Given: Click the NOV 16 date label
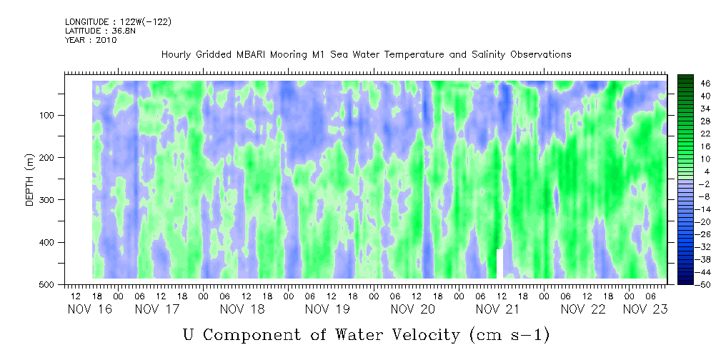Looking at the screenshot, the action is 89,309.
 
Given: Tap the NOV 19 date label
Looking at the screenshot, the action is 327,309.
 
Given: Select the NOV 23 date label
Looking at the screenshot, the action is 645,309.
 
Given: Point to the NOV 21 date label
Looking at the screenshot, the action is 498,309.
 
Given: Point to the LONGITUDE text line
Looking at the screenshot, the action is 118,22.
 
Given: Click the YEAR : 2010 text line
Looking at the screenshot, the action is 91,40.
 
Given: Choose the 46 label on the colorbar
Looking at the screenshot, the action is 706,84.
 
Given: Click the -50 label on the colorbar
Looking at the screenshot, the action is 704,285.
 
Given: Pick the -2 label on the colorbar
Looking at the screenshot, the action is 705,184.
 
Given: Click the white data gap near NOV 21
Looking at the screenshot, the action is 499,264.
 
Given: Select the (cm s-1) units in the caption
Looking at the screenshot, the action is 509,335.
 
